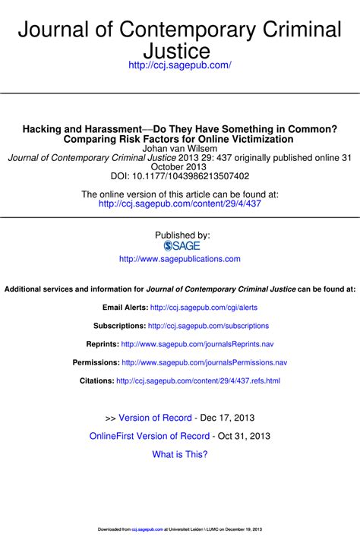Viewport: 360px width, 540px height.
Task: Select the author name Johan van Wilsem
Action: [179, 150]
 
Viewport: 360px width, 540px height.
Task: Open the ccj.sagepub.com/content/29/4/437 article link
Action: [180, 204]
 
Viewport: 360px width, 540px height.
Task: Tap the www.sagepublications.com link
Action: [180, 259]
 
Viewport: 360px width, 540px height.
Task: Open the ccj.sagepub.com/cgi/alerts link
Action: [204, 308]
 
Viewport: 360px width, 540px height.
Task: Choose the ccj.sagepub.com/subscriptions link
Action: [208, 326]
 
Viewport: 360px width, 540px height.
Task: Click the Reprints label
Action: [102, 344]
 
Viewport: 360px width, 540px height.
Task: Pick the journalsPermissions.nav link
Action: [204, 362]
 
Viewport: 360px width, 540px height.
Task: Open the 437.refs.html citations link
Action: [198, 381]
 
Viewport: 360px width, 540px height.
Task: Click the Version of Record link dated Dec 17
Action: [154, 418]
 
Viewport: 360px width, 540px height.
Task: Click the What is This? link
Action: [180, 454]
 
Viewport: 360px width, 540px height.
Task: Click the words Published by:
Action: [182, 235]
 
